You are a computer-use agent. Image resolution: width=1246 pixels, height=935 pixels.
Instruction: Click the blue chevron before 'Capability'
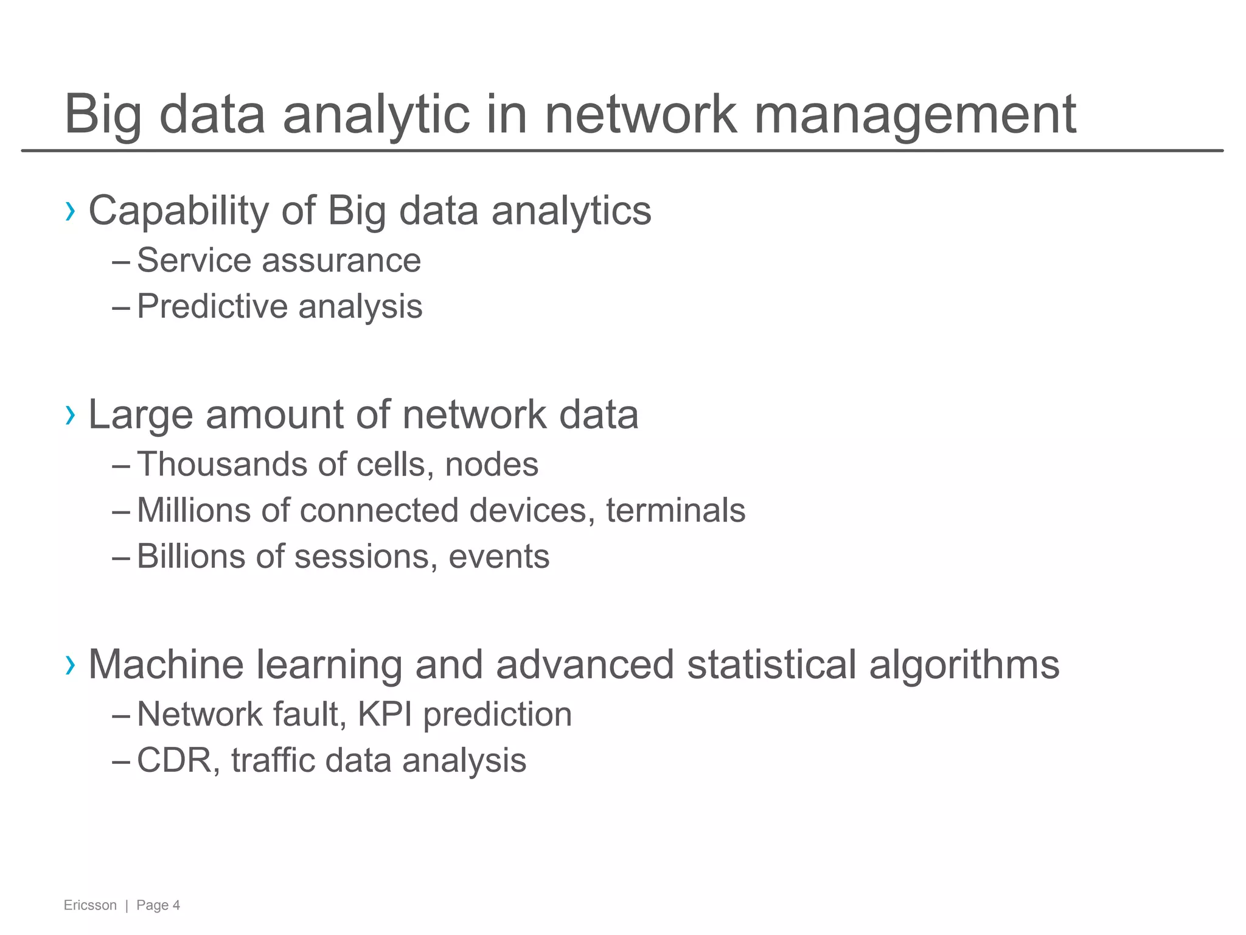[71, 211]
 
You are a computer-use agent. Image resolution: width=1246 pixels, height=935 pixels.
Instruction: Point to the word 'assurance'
[341, 261]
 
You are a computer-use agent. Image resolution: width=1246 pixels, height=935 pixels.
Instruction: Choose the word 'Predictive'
[212, 306]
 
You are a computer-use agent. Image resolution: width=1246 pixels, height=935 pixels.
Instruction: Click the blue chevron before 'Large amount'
[71, 415]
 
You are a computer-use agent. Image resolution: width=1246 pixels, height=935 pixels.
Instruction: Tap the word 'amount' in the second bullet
[274, 415]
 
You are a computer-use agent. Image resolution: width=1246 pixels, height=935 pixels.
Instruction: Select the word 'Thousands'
[221, 464]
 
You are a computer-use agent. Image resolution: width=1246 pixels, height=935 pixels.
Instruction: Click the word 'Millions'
[193, 510]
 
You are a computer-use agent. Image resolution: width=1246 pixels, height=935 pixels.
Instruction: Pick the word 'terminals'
[675, 510]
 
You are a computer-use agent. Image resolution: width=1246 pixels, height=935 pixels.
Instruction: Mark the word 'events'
[499, 556]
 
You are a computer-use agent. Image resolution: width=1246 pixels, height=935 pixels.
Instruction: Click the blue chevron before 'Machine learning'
[71, 665]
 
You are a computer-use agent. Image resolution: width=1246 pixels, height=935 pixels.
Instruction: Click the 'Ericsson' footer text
[90, 905]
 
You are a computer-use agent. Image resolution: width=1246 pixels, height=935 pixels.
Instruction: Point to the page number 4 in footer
[176, 905]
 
